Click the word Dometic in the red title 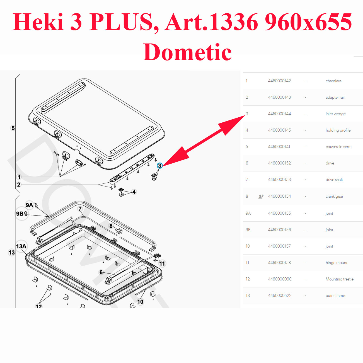187,52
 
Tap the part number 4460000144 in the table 279,114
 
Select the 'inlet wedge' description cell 335,114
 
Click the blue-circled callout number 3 159,166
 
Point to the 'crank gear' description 334,196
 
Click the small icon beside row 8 261,197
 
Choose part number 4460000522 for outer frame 280,295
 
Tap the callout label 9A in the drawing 29,205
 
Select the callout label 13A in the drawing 21,246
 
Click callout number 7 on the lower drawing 80,209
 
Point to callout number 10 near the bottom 140,302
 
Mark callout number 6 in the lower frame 101,272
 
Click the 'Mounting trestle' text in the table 340,279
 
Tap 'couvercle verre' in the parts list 338,147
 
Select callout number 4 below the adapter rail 134,192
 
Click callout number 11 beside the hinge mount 162,263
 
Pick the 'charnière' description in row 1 333,81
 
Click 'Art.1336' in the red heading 211,22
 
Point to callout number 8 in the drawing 111,226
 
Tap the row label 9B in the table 248,230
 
